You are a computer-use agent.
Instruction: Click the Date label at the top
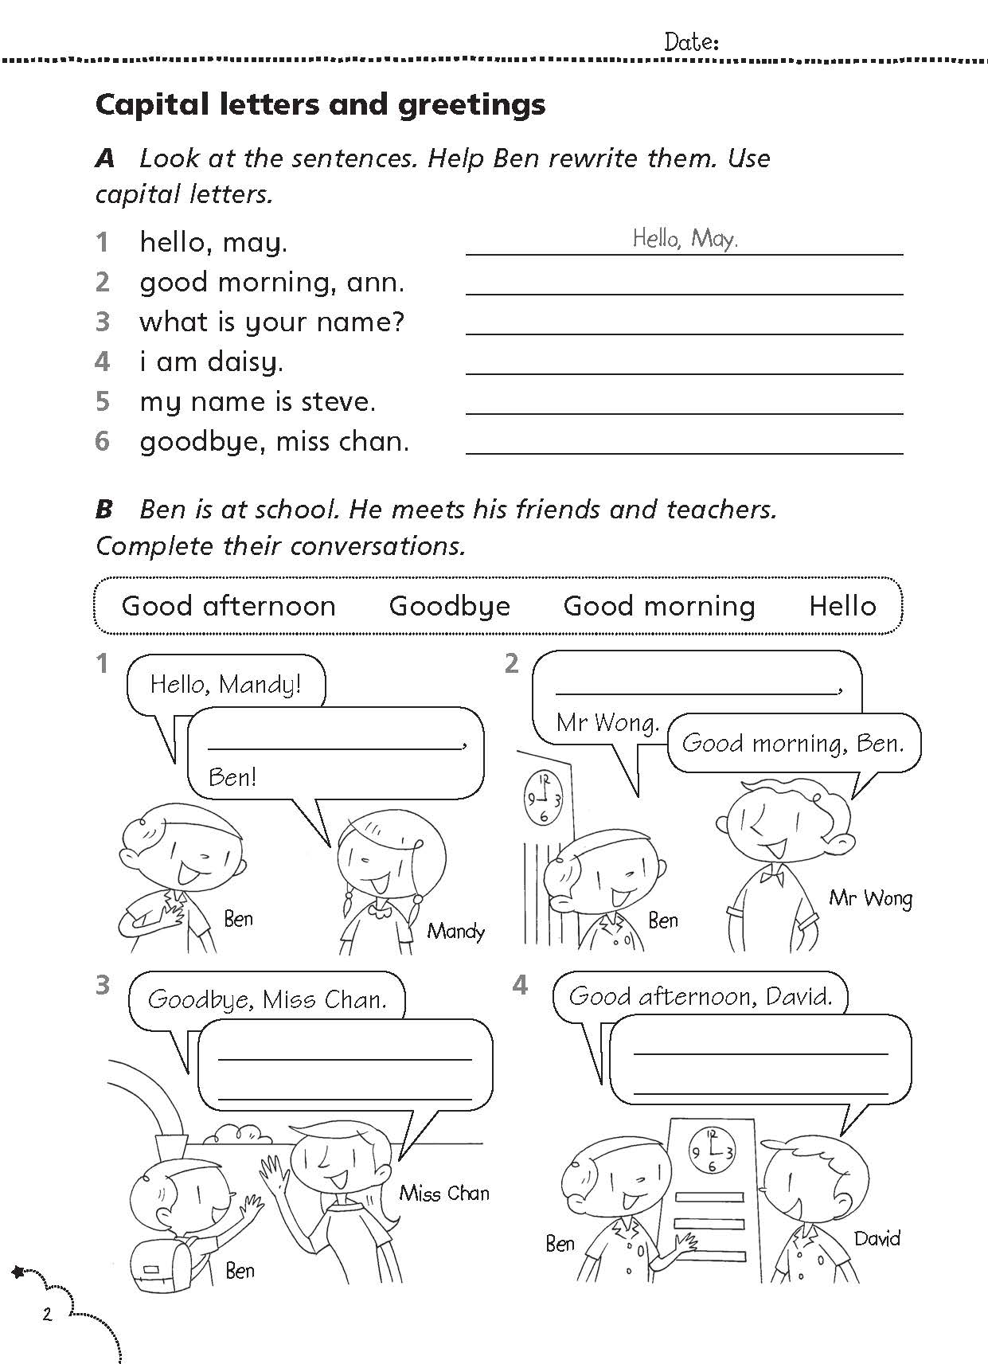(x=691, y=42)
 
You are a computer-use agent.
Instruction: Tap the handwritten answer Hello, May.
(x=685, y=237)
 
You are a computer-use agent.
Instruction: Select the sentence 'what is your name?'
(x=271, y=322)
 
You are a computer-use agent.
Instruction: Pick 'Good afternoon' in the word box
(x=228, y=606)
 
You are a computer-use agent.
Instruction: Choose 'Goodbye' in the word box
(x=449, y=606)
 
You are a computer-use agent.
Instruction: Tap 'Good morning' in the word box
(x=658, y=606)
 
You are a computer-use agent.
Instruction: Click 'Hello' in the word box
(x=842, y=606)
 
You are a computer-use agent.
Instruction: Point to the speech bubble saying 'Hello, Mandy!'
(x=226, y=683)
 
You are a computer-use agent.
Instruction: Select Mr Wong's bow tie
(x=771, y=877)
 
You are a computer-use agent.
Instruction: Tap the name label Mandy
(x=455, y=930)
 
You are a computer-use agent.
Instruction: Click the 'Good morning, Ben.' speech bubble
(x=793, y=743)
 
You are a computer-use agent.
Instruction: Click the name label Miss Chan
(x=444, y=1193)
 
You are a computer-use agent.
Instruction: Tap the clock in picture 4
(x=711, y=1151)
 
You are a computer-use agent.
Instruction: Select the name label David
(x=877, y=1238)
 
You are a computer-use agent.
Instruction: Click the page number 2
(x=47, y=1314)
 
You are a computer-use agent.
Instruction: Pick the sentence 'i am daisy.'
(x=211, y=362)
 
